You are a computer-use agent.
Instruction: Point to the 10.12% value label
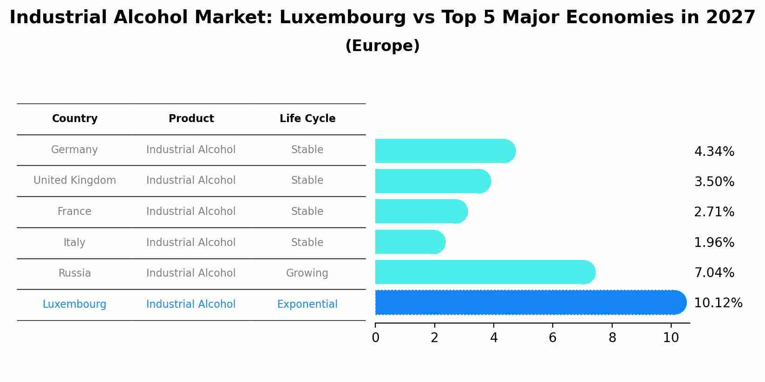[x=718, y=303]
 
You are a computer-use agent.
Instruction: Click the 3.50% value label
[x=714, y=182]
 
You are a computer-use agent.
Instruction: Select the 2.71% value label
[x=714, y=212]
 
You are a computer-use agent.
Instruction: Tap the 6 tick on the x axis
[x=552, y=338]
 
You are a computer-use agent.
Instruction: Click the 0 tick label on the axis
[x=375, y=338]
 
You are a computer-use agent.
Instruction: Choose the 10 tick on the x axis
[x=671, y=338]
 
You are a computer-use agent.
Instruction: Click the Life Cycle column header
[x=307, y=119]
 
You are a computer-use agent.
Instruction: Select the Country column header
[x=74, y=119]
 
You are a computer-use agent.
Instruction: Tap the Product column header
[x=191, y=119]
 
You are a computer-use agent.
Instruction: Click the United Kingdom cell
[x=74, y=181]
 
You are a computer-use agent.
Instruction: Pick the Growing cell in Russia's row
[x=307, y=273]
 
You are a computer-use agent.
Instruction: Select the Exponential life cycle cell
[x=307, y=304]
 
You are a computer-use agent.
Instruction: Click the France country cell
[x=74, y=212]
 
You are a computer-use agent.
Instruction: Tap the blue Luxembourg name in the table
[x=74, y=304]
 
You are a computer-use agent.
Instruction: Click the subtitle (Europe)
[x=382, y=46]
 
